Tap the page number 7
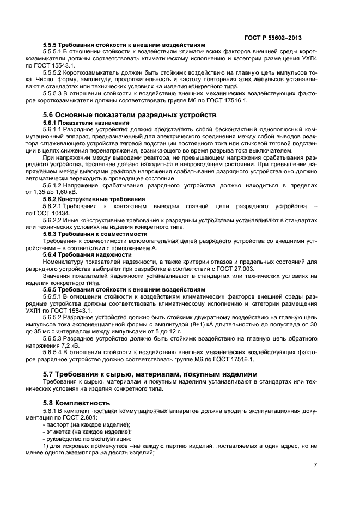(x=315, y=465)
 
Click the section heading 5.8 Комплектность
(x=75, y=403)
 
